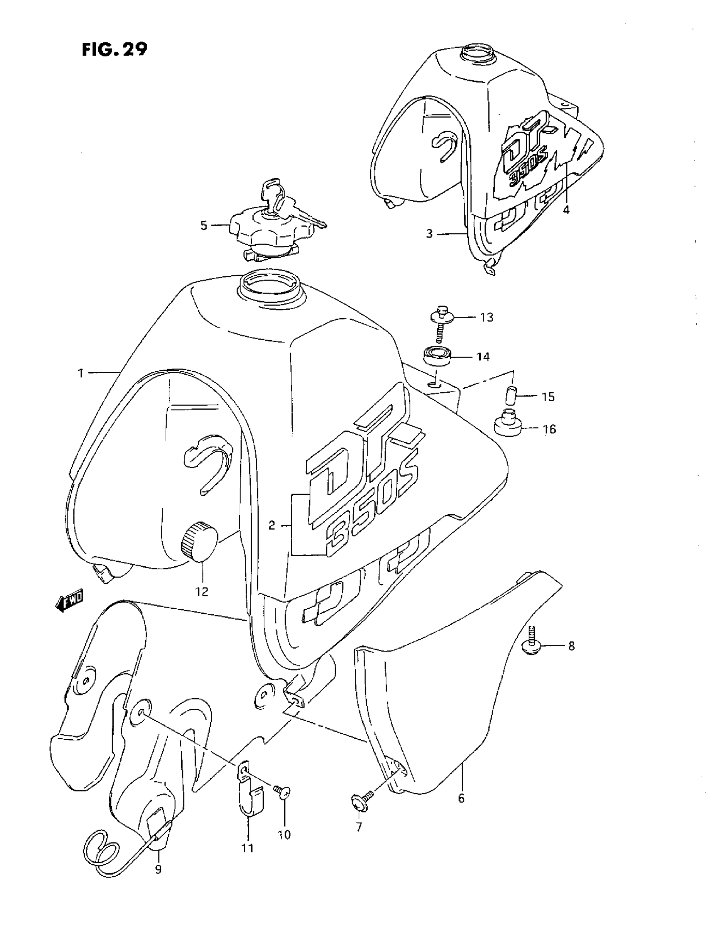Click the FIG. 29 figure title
[x=114, y=49]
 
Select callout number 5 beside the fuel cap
[x=204, y=226]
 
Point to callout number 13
[x=487, y=317]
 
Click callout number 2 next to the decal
[x=271, y=525]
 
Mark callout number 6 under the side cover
[x=461, y=799]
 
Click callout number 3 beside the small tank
[x=429, y=234]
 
